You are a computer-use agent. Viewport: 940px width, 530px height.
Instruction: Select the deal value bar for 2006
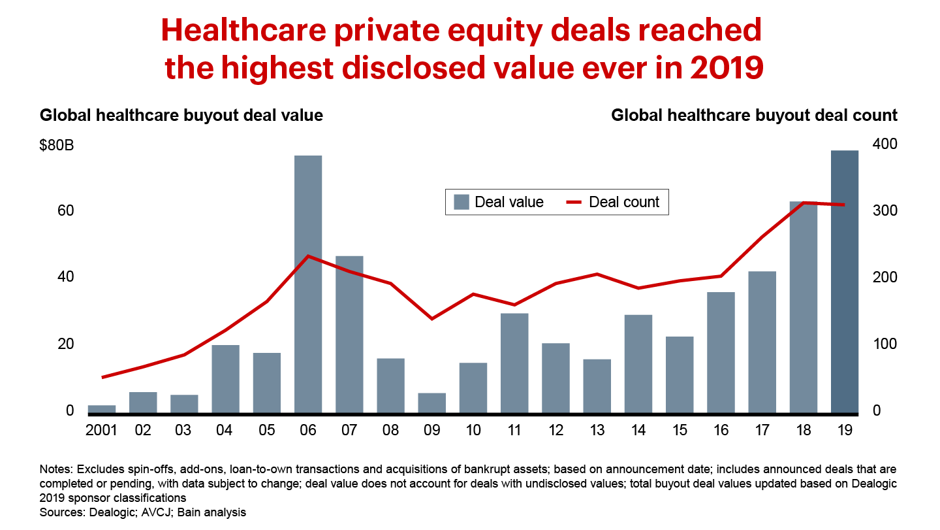(308, 284)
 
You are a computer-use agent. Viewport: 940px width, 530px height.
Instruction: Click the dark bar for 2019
(845, 281)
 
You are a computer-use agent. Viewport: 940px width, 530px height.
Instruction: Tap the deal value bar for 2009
(431, 403)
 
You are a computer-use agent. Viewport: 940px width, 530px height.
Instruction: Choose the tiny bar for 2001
(102, 409)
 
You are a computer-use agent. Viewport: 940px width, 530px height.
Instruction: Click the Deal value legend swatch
(462, 202)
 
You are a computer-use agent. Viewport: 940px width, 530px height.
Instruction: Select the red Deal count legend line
(573, 202)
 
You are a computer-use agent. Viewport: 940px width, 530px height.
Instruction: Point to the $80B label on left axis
(57, 145)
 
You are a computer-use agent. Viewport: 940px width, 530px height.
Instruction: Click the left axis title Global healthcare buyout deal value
(181, 116)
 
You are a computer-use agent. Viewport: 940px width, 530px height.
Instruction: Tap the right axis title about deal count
(754, 116)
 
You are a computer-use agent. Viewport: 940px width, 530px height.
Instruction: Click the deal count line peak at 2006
(308, 256)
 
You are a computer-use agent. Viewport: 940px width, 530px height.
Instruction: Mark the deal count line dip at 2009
(431, 318)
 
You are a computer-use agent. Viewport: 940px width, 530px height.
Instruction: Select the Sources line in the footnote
(143, 512)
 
